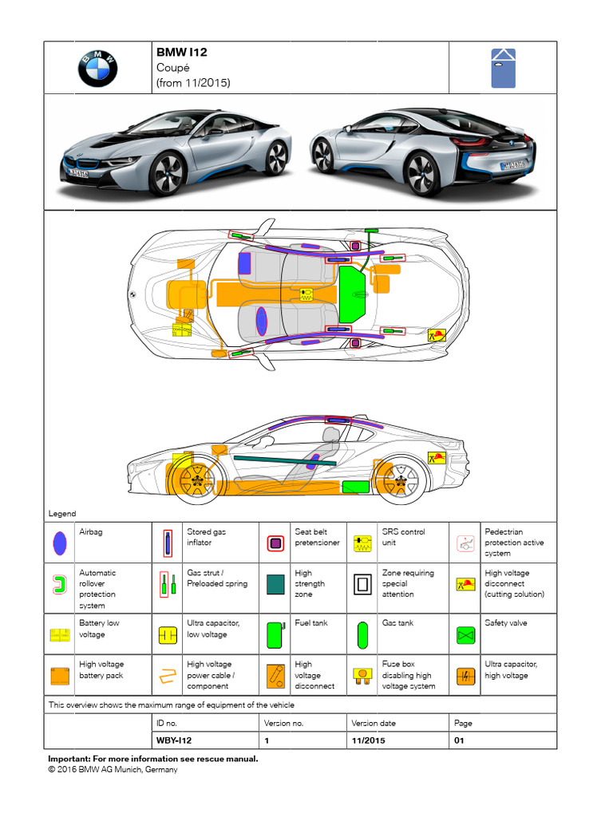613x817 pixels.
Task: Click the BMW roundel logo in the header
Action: coord(97,69)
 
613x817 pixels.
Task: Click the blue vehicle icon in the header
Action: coord(503,69)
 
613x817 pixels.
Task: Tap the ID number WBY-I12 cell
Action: coord(174,740)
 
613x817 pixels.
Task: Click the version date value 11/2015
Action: coord(369,740)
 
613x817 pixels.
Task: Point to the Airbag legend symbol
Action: coord(59,543)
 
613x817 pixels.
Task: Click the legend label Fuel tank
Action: coord(310,623)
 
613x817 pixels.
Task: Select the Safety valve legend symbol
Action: coord(465,636)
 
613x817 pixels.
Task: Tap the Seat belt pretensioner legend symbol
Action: coord(276,543)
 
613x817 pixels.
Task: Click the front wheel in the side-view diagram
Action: coord(195,480)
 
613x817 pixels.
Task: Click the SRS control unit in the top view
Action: coord(306,295)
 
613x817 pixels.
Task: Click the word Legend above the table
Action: coord(62,514)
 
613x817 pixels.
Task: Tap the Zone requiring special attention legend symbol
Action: coord(363,584)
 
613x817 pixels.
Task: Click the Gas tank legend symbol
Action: coord(363,636)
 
